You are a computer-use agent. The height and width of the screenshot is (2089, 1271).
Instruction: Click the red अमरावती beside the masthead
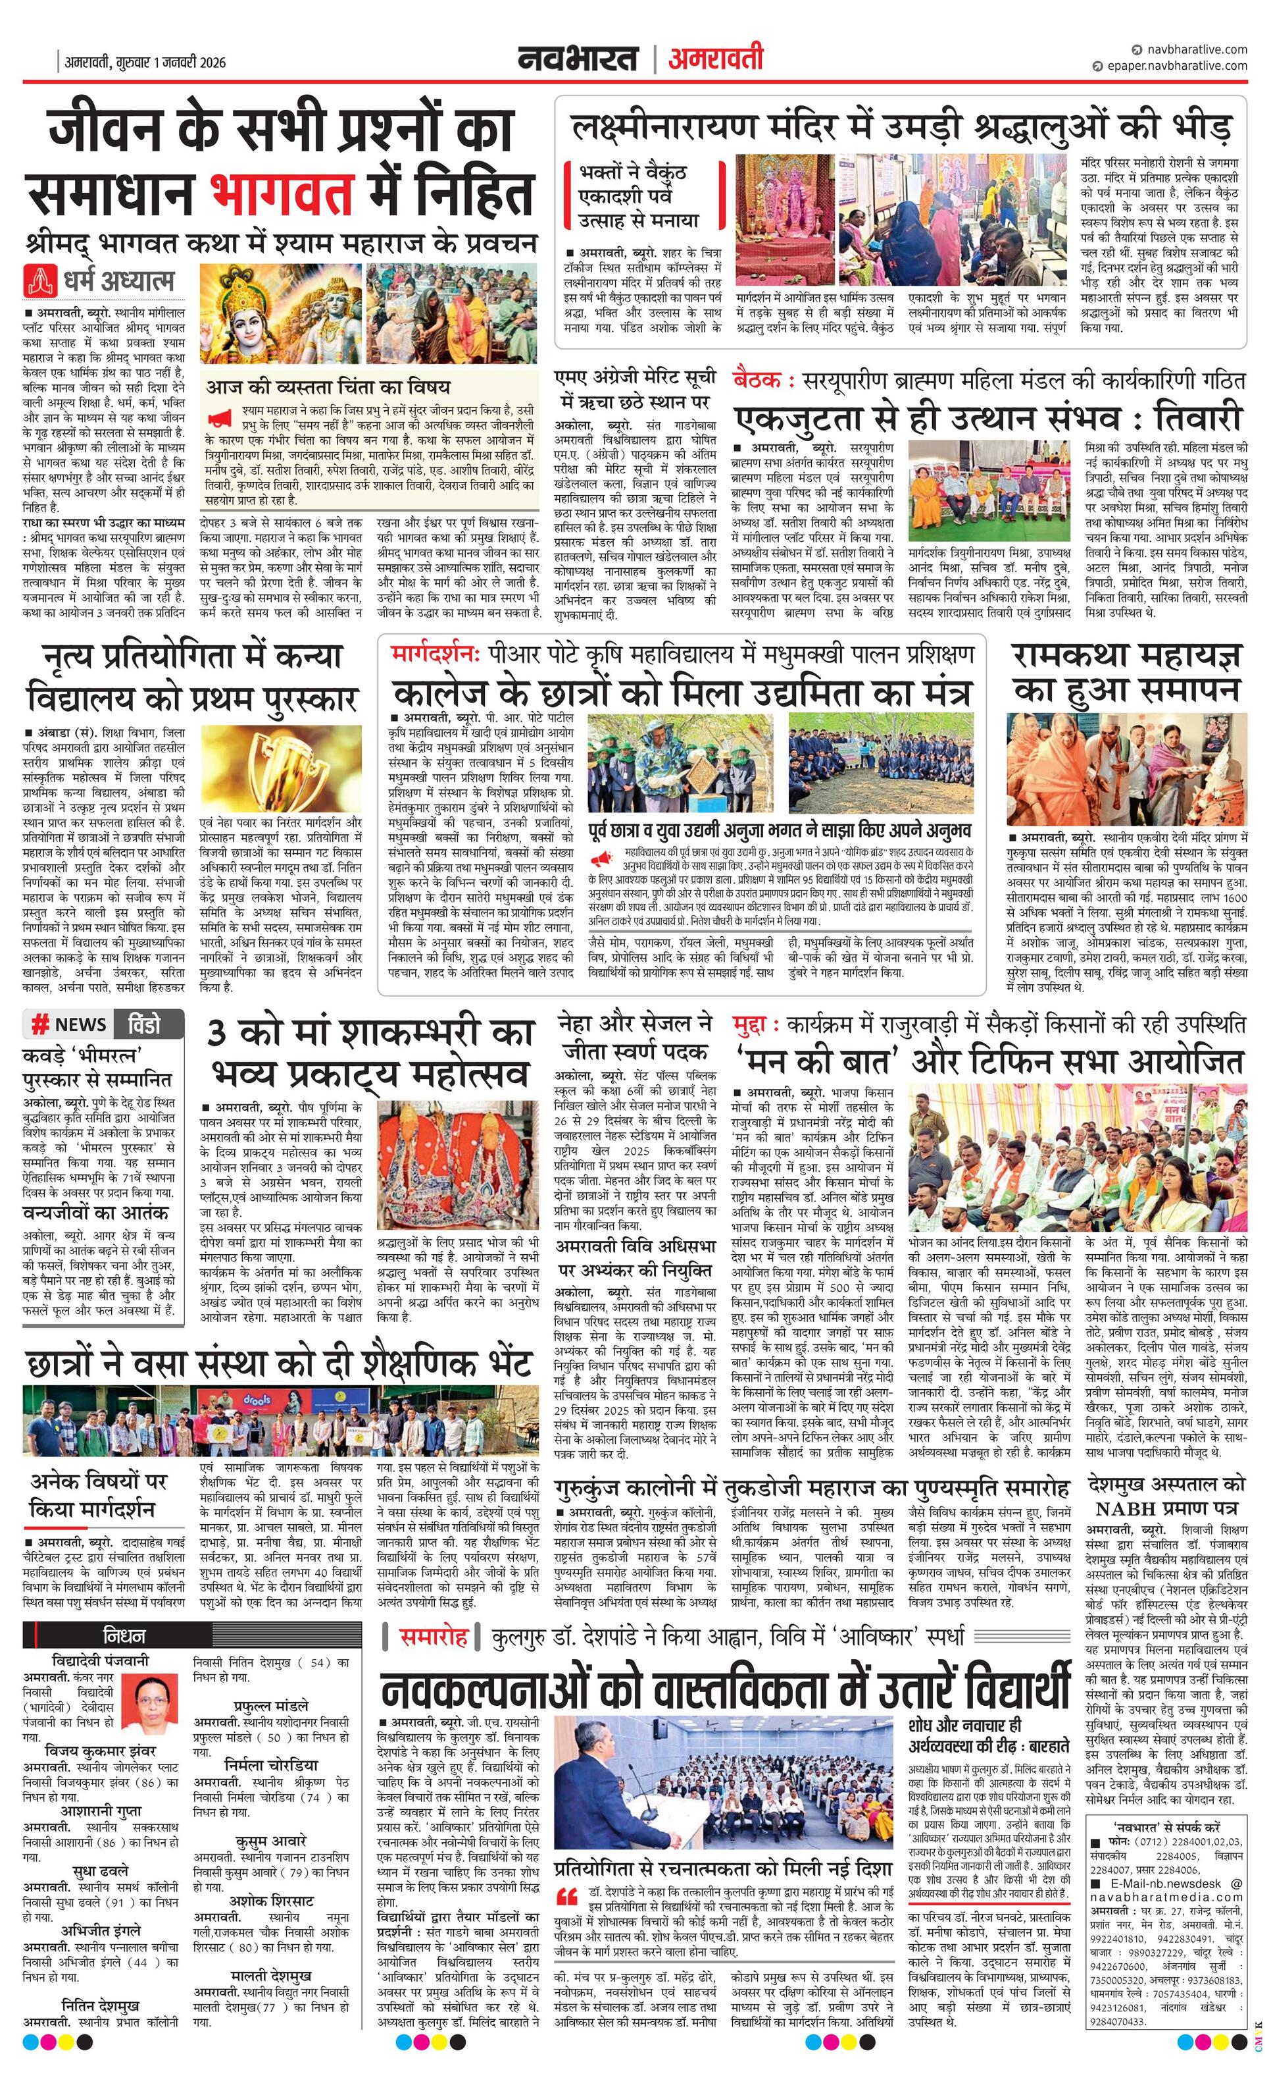pyautogui.click(x=715, y=59)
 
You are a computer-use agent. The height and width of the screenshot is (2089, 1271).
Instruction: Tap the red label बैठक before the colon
pyautogui.click(x=759, y=379)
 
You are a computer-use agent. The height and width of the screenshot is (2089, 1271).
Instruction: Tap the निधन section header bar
pyautogui.click(x=103, y=1635)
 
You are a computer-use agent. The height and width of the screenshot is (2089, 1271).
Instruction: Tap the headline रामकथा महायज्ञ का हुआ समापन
pyautogui.click(x=1127, y=672)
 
